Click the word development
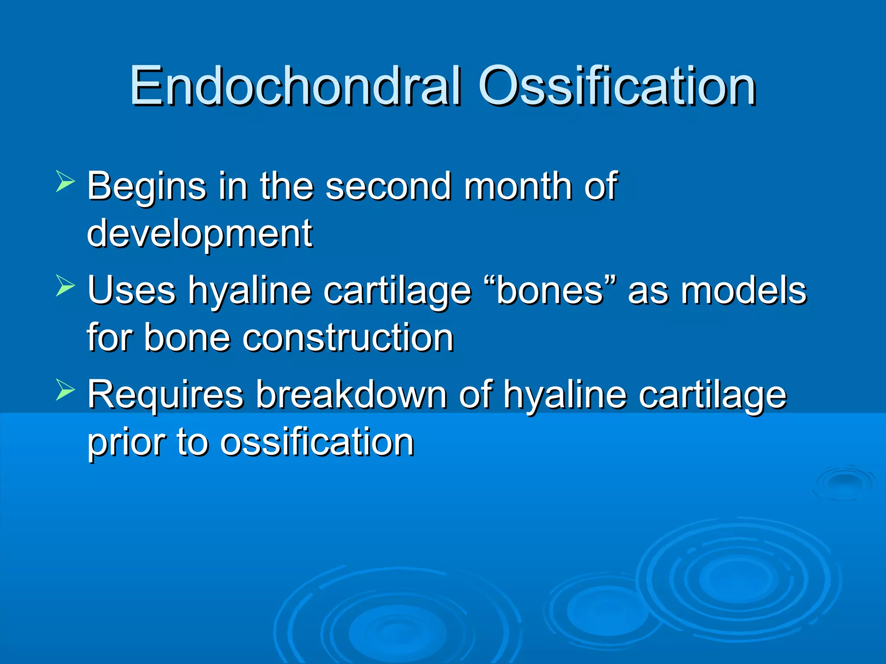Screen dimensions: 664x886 click(199, 234)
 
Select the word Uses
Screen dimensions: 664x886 click(132, 290)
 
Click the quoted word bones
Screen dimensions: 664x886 click(549, 290)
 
